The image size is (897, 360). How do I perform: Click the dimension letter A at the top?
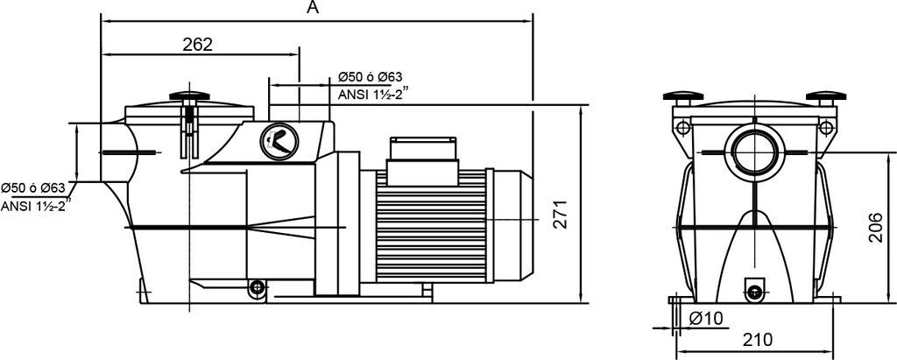[313, 7]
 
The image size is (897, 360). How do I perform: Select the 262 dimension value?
[197, 45]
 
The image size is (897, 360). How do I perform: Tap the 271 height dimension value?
[561, 215]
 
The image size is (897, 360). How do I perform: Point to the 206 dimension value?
[876, 227]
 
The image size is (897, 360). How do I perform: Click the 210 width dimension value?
[758, 339]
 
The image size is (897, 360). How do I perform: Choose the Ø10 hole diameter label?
[707, 318]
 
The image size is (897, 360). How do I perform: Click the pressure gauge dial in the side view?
[279, 141]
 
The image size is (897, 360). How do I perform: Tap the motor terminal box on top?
[423, 161]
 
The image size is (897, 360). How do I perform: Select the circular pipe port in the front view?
[754, 152]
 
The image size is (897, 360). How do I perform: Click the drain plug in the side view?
[258, 287]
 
